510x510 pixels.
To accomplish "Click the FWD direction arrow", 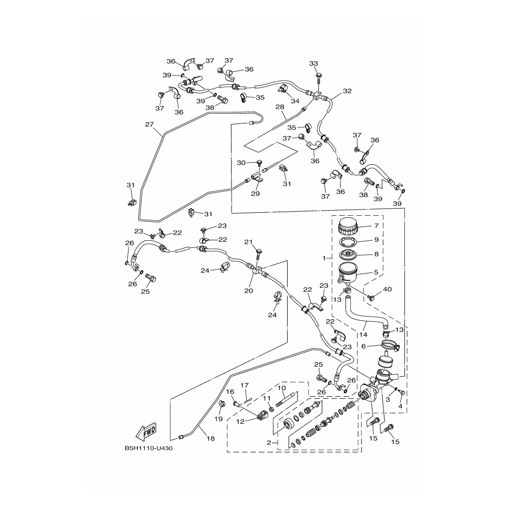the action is click(146, 431).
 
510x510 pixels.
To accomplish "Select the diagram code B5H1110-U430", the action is click(148, 448).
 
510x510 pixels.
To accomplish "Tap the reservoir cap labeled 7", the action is click(348, 226).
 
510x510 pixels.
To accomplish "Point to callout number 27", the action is click(149, 124).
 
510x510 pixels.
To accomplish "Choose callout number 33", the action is click(314, 63).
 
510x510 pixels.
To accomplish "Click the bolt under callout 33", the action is click(318, 79).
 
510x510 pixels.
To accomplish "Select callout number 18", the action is click(211, 439).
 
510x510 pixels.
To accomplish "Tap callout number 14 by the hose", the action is click(363, 335).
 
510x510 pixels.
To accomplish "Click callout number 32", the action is click(347, 91).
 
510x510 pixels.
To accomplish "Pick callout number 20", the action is click(248, 291).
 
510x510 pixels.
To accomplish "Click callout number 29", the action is click(256, 193).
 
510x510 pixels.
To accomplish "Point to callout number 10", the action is click(282, 388).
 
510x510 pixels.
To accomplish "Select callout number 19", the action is click(219, 419).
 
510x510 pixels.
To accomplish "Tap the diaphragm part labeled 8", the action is click(348, 254).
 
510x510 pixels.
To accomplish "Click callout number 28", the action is click(279, 107).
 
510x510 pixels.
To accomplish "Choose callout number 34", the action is click(295, 101).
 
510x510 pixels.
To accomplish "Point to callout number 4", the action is click(400, 406).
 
